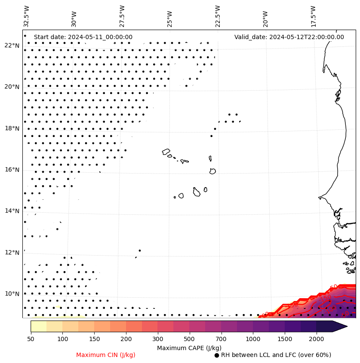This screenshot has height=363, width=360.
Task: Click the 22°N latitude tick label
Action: point(12,46)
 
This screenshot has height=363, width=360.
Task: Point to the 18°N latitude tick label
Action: point(12,128)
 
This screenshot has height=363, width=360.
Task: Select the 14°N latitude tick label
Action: point(12,211)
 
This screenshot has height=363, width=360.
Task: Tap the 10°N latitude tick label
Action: point(12,294)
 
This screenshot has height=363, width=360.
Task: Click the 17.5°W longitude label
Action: point(313,16)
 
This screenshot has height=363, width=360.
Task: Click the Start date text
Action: point(83,37)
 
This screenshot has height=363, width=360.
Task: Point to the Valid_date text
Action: point(289,37)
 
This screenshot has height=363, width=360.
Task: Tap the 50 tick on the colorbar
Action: point(31,339)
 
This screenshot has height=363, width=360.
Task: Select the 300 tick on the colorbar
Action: point(158,339)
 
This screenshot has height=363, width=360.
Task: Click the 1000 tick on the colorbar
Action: point(253,339)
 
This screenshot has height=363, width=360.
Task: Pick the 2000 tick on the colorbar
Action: point(317,339)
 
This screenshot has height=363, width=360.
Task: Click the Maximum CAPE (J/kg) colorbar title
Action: point(189,348)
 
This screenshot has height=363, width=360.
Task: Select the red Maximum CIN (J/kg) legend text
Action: point(106,355)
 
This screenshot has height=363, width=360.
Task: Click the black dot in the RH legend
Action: point(216,355)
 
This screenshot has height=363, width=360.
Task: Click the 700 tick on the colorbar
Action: point(221,339)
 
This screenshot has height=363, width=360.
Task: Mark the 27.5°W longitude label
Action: point(122,16)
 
